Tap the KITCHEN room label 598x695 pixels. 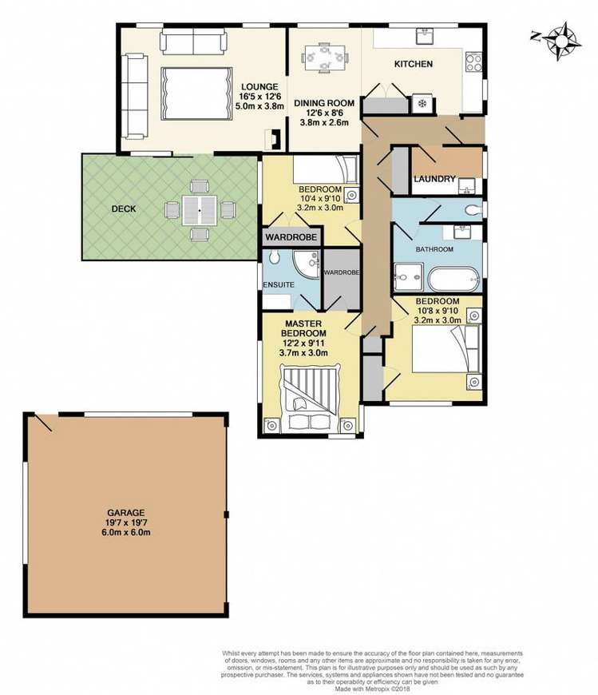[x=414, y=64]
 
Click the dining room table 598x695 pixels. [x=324, y=58]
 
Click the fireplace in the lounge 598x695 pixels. [x=275, y=140]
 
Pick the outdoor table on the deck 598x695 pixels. [x=196, y=210]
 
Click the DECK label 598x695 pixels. [x=124, y=209]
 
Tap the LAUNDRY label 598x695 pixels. [x=434, y=179]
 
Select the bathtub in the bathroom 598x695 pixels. [x=453, y=280]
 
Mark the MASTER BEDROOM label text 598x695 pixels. [x=306, y=328]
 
